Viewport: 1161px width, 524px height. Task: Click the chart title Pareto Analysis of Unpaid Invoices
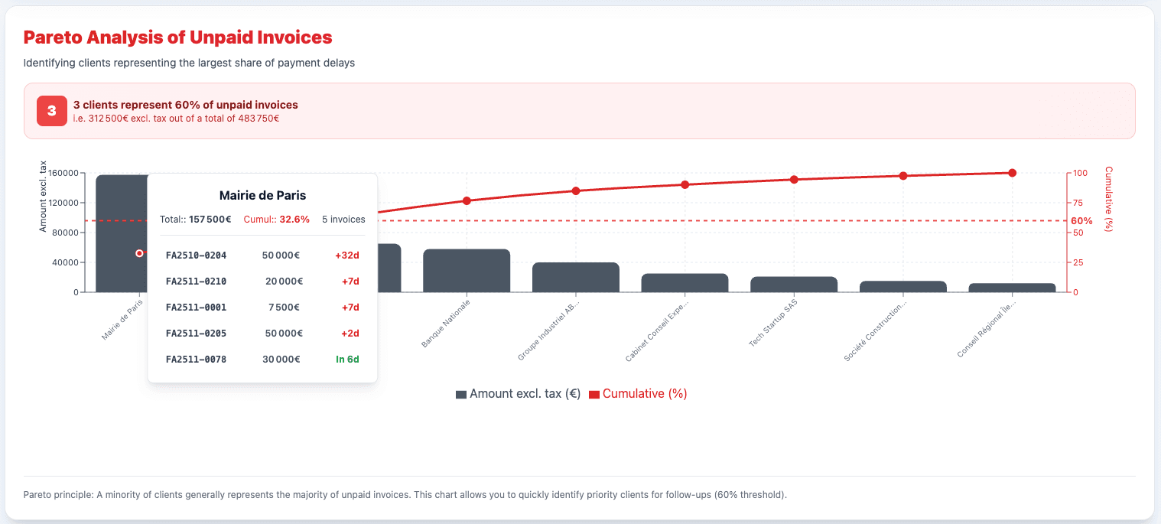coord(177,37)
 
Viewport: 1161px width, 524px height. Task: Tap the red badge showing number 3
coord(52,111)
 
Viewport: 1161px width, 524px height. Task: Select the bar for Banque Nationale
coord(467,271)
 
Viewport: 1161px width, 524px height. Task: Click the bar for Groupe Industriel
coord(575,278)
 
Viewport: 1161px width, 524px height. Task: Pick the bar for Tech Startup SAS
coord(794,285)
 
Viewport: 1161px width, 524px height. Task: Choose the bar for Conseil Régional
coord(1012,288)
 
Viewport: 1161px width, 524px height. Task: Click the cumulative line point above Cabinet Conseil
coord(685,184)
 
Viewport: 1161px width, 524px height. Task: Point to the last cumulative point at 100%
coord(1012,173)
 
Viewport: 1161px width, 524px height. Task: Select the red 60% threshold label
coord(1081,220)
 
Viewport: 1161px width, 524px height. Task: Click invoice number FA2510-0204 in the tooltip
coord(196,255)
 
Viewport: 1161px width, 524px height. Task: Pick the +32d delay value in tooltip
coord(346,255)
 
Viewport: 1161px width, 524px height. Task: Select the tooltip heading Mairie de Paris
coord(262,195)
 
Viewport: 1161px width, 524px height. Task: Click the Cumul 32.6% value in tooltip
coord(294,219)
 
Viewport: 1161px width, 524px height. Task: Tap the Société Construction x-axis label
coord(876,333)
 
